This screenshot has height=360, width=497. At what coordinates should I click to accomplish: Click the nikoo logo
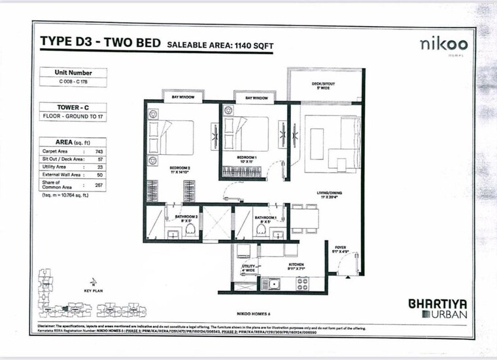click(444, 44)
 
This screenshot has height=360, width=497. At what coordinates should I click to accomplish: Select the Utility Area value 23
click(99, 167)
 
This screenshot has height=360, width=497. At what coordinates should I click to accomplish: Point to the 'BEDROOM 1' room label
click(247, 157)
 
